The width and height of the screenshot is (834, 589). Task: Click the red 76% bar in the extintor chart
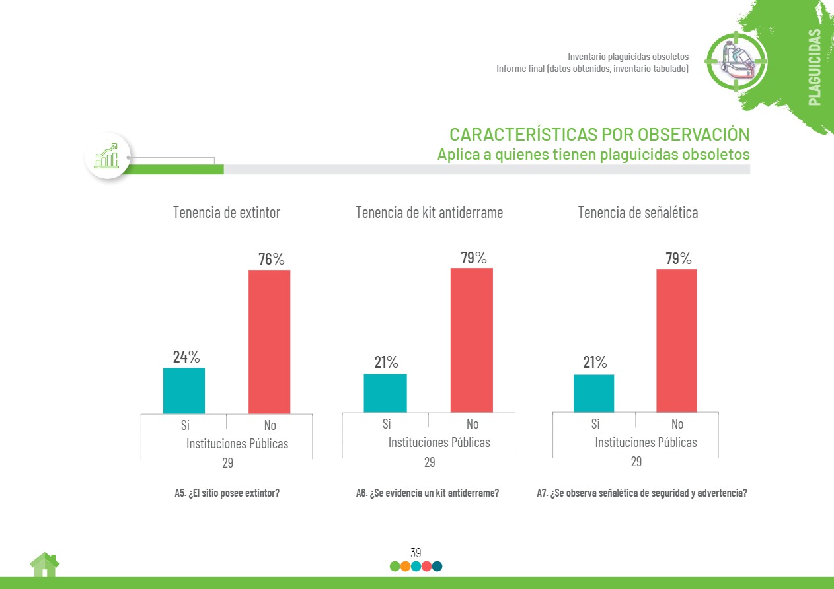tap(269, 341)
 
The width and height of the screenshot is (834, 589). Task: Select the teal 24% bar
tap(184, 390)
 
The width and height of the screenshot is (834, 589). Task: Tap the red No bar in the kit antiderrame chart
tap(471, 340)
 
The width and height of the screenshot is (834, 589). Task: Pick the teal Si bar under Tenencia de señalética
tap(593, 393)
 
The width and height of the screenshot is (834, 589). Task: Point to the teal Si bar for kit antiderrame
tap(385, 393)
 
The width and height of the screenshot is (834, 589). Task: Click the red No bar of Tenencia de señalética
tap(676, 341)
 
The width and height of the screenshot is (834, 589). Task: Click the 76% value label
tap(271, 260)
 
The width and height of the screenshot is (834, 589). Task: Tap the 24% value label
tap(186, 357)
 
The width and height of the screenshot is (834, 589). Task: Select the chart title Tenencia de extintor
tap(227, 213)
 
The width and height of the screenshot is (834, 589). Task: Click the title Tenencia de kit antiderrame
tap(429, 213)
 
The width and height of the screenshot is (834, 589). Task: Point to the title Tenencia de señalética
tap(638, 213)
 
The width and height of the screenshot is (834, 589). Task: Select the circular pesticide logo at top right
tap(736, 61)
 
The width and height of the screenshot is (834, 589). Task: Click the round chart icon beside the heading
tap(107, 156)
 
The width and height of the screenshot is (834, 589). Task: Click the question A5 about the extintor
tap(227, 493)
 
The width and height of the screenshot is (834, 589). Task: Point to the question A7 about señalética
tap(642, 493)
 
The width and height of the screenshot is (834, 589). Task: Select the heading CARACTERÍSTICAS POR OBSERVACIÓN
tap(599, 134)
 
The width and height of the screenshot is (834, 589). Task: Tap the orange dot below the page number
tap(405, 566)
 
